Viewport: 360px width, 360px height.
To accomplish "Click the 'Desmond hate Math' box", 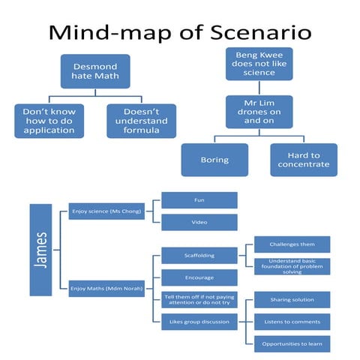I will pos(94,71).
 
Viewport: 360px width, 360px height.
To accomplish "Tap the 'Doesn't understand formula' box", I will pos(141,121).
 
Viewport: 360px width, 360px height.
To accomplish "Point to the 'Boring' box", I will pos(214,160).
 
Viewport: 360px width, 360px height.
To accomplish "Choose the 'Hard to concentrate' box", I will pos(299,160).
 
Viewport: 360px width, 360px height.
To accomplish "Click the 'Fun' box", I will pos(199,200).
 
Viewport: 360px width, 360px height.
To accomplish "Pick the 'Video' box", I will pos(199,223).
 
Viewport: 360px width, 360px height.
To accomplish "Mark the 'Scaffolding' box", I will pos(199,256).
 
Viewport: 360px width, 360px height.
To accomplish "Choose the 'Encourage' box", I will pos(199,277).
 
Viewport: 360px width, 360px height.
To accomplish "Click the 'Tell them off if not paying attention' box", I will pos(199,299).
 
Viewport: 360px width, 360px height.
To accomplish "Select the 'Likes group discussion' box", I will pos(199,321).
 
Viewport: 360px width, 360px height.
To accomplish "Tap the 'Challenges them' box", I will pos(292,244).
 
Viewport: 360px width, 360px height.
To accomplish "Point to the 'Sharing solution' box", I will pos(292,300).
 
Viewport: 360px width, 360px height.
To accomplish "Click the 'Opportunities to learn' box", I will pos(292,344).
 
